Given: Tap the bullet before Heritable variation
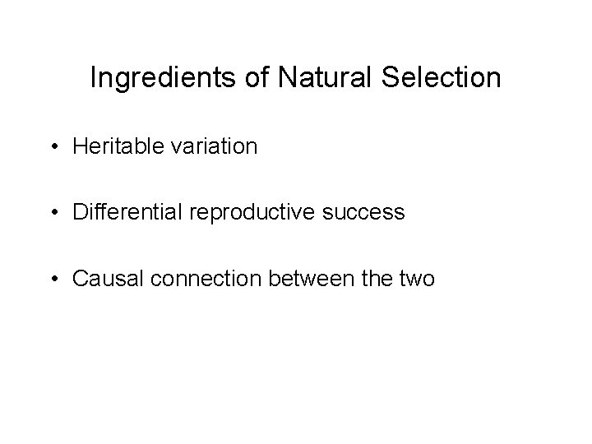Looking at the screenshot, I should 53,148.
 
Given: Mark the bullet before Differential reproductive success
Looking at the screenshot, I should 53,213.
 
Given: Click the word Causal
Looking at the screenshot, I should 100,278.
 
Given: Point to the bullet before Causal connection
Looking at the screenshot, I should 53,279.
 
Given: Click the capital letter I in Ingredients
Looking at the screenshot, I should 93,78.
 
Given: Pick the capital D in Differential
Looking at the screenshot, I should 79,212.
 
